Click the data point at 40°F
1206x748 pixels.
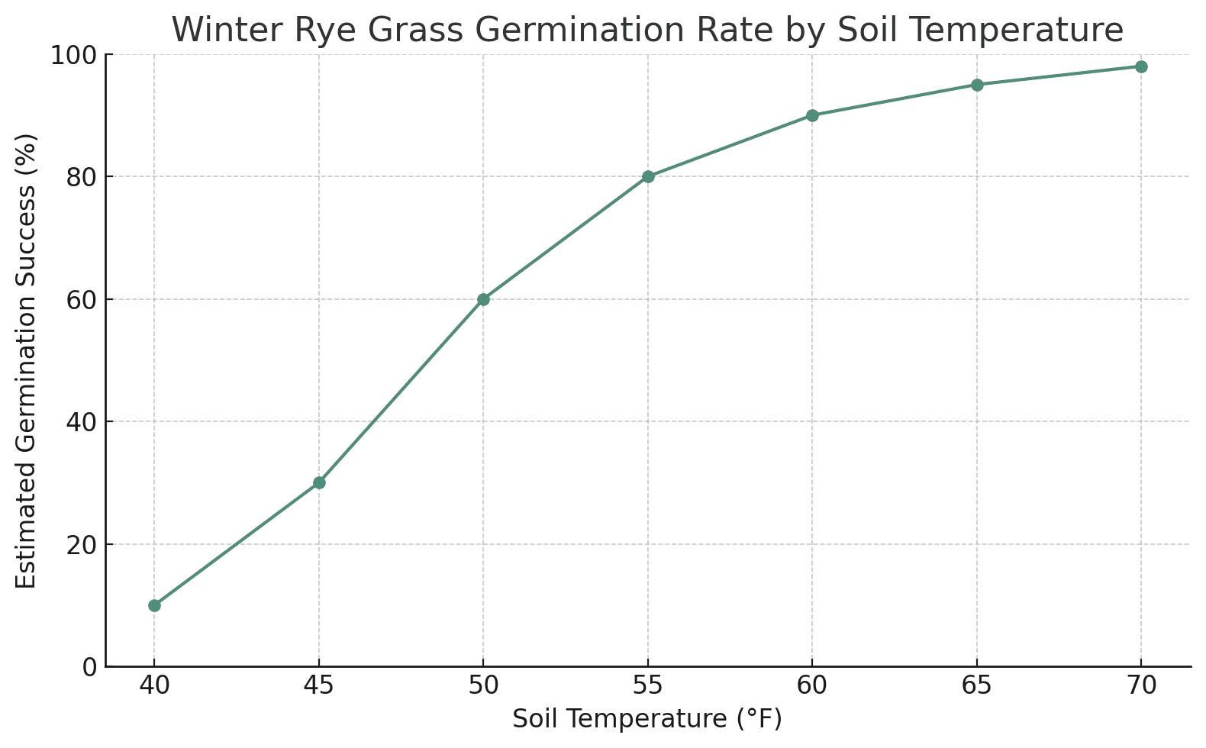(154, 605)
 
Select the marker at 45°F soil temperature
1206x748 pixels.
(319, 482)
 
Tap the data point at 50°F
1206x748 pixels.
(483, 299)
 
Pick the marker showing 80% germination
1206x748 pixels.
(648, 176)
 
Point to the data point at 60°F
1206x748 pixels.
(812, 115)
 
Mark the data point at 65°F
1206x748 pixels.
(977, 85)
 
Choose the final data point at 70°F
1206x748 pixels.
(1141, 66)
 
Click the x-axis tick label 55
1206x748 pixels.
(648, 686)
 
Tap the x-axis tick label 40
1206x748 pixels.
(154, 686)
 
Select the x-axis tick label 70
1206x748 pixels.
(1141, 686)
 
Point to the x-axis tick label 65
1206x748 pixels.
(977, 686)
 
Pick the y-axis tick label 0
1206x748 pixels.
(89, 667)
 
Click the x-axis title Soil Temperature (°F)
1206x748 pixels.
(647, 719)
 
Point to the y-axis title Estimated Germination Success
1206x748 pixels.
(27, 361)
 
